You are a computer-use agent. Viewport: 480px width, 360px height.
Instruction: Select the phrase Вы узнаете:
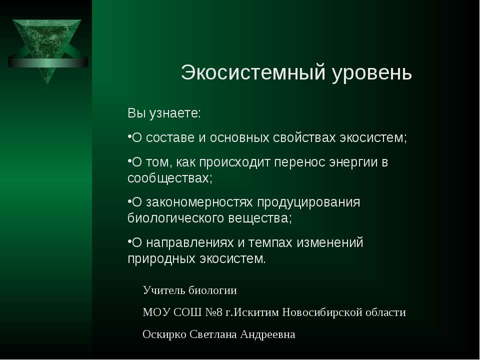point(164,113)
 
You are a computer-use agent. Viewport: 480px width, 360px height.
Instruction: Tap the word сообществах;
point(170,178)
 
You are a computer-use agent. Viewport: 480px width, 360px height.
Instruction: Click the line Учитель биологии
point(189,290)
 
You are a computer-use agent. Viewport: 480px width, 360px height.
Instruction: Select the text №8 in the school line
point(213,312)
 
